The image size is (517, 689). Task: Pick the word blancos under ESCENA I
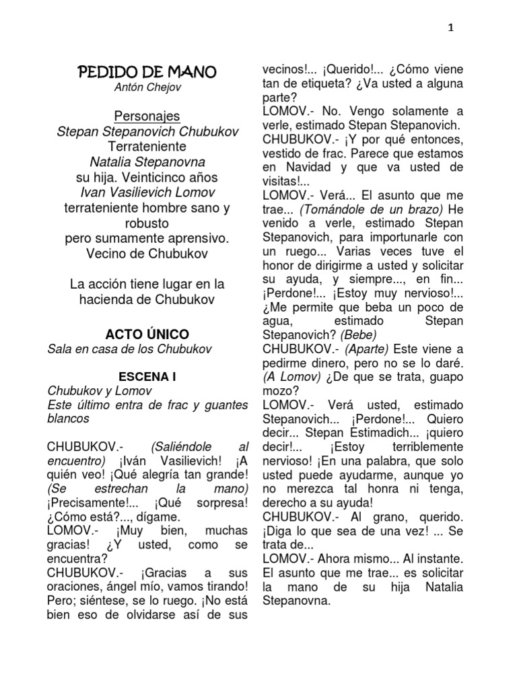pos(68,419)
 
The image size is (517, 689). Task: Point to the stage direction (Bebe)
pos(358,334)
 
